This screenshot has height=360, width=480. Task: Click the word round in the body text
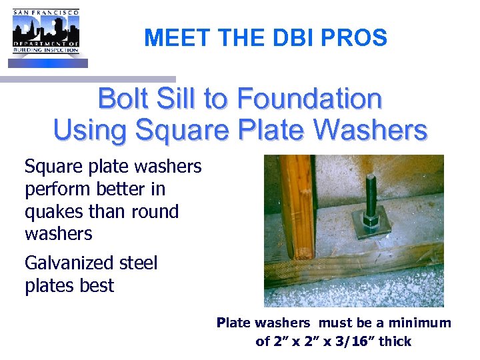pos(154,212)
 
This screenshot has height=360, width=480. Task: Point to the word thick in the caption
pos(396,342)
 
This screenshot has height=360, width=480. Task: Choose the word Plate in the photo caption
pos(233,323)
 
